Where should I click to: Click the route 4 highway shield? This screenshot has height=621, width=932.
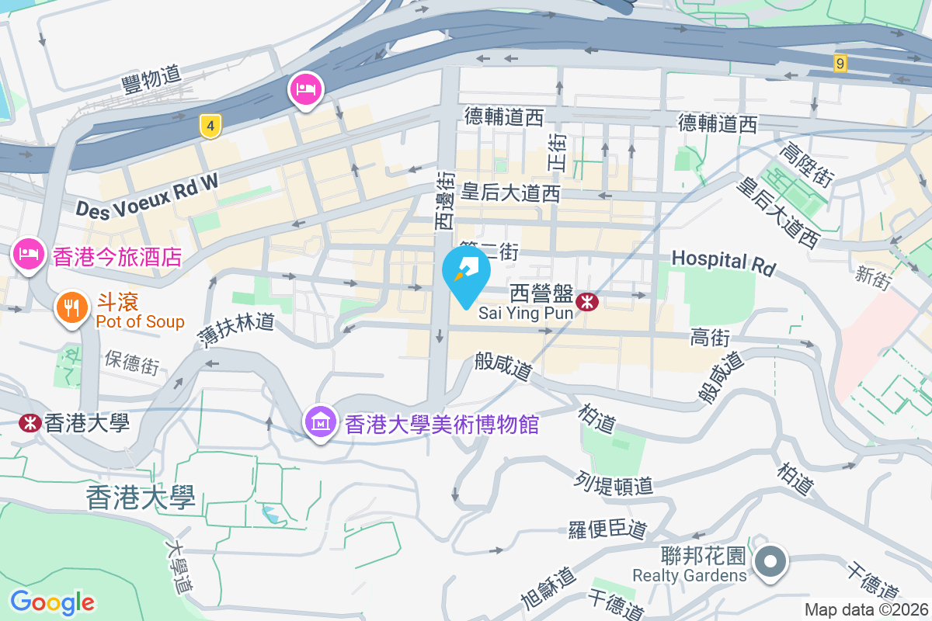click(207, 126)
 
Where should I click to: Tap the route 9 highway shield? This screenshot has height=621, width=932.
click(840, 64)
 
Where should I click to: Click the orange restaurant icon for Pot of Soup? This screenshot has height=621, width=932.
click(71, 307)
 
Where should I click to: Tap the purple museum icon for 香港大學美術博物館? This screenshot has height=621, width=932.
click(320, 423)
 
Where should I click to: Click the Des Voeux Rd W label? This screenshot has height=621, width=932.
click(148, 193)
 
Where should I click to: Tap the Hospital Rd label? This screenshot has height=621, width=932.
click(723, 262)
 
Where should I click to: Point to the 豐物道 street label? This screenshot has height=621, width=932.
click(151, 75)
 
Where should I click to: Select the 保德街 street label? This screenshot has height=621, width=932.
click(132, 363)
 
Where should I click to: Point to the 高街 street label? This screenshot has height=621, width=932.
click(710, 337)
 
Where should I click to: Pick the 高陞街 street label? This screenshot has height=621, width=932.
click(809, 164)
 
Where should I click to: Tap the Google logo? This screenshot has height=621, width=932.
click(52, 602)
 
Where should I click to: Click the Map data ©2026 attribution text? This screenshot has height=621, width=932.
click(865, 609)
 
